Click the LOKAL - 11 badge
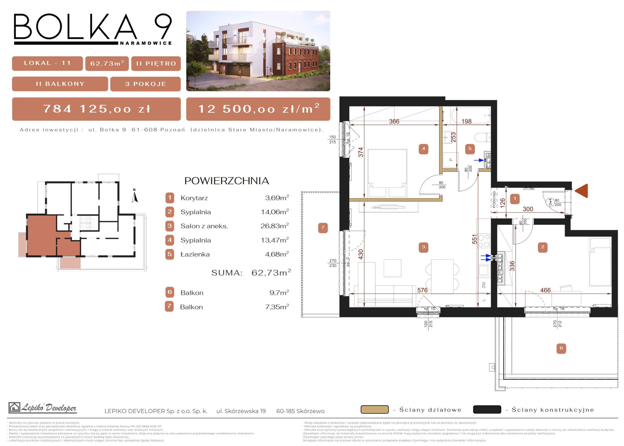point(47,63)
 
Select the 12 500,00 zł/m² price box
point(258,109)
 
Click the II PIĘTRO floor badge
point(156,63)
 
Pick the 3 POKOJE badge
point(146,84)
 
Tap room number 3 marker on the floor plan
point(423,247)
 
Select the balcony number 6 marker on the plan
point(561,348)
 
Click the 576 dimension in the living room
point(422,290)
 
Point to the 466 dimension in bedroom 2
point(546,290)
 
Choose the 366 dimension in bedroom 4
point(394,121)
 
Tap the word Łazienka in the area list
point(195,254)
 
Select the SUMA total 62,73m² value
point(271,272)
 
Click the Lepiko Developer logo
point(43,408)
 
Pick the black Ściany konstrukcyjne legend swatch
point(487,409)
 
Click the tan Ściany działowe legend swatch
point(375,409)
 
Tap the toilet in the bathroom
point(483,137)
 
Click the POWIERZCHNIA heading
point(227,181)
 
